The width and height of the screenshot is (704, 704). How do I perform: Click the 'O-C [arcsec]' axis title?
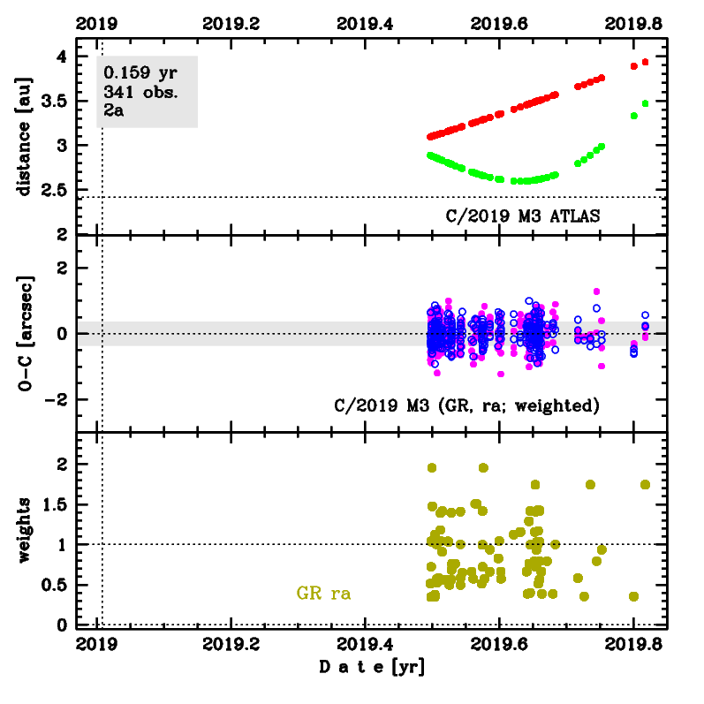click(23, 334)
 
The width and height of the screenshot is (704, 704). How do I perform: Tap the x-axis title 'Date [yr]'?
click(372, 668)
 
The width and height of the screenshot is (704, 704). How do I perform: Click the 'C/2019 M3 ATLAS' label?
click(526, 215)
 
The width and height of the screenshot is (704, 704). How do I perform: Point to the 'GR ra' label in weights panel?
click(323, 594)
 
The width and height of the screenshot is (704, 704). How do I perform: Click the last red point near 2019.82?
click(646, 62)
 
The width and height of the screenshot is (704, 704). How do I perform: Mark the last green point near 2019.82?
click(646, 103)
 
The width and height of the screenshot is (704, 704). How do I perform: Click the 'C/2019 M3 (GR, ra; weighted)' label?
click(467, 406)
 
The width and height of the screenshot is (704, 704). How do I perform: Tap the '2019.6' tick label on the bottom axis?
click(499, 643)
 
